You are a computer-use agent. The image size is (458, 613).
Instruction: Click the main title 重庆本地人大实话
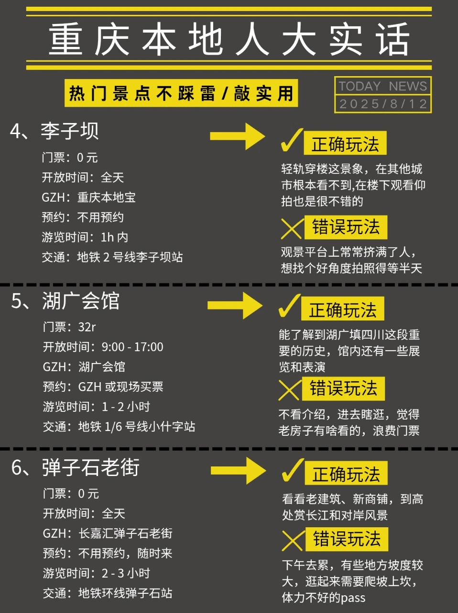[229, 39]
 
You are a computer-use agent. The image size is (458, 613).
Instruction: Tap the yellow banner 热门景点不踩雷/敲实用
[181, 93]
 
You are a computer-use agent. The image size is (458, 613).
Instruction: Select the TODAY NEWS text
[382, 86]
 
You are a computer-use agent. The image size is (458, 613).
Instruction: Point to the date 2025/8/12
[382, 104]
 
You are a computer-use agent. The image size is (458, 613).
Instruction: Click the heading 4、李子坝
[55, 131]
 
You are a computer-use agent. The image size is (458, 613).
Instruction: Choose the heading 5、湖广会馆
[65, 301]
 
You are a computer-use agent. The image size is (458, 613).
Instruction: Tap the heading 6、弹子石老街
[76, 467]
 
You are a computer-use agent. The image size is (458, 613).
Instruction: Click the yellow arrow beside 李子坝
[237, 136]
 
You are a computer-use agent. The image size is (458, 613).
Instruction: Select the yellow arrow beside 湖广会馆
[235, 306]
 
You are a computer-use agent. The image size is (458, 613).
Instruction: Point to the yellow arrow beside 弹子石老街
[238, 471]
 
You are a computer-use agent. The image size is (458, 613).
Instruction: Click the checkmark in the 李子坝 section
[291, 139]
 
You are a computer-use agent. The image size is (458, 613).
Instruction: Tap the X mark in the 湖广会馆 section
[289, 390]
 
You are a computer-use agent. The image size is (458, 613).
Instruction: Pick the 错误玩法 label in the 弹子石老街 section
[347, 539]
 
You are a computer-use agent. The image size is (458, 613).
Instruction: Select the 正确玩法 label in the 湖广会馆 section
[342, 310]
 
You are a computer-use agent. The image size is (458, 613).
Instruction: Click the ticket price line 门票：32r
[69, 327]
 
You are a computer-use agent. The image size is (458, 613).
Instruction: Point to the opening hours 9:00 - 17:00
[132, 347]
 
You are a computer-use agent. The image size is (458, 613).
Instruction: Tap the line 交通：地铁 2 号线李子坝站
[112, 257]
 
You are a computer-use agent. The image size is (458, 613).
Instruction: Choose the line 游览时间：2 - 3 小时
[97, 573]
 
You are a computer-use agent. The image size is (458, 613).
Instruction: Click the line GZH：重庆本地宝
[88, 197]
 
